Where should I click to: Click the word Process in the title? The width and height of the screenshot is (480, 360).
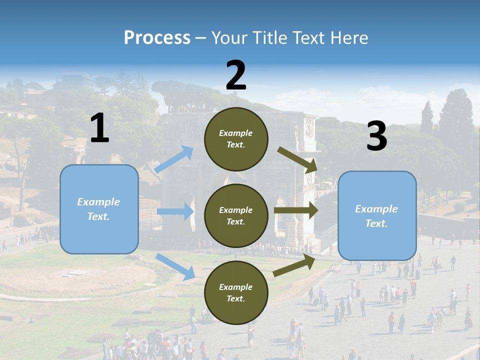pyautogui.click(x=157, y=37)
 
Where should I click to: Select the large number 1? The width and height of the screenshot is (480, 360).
pyautogui.click(x=99, y=127)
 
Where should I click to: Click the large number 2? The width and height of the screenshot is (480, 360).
pyautogui.click(x=236, y=74)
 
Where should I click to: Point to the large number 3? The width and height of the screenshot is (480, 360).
pyautogui.click(x=377, y=135)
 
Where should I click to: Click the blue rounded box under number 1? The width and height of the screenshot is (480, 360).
pyautogui.click(x=99, y=209)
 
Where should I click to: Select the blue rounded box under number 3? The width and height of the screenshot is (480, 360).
pyautogui.click(x=377, y=216)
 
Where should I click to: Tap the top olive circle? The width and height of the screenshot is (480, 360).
pyautogui.click(x=236, y=139)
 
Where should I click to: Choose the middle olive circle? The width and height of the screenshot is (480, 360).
pyautogui.click(x=236, y=216)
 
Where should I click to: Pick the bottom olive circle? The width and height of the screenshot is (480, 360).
pyautogui.click(x=236, y=292)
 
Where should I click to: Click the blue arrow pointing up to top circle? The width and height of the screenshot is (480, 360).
pyautogui.click(x=174, y=159)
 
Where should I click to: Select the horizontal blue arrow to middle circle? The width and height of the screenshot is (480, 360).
pyautogui.click(x=175, y=211)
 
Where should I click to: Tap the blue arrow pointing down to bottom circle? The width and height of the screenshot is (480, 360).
pyautogui.click(x=175, y=266)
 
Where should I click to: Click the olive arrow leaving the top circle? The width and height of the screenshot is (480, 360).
pyautogui.click(x=297, y=160)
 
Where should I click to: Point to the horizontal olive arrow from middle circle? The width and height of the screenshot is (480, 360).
pyautogui.click(x=296, y=210)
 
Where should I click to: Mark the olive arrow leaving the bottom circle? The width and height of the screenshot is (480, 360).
pyautogui.click(x=294, y=265)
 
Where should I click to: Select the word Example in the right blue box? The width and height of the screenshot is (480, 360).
pyautogui.click(x=376, y=209)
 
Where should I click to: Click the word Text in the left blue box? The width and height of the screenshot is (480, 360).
pyautogui.click(x=98, y=216)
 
